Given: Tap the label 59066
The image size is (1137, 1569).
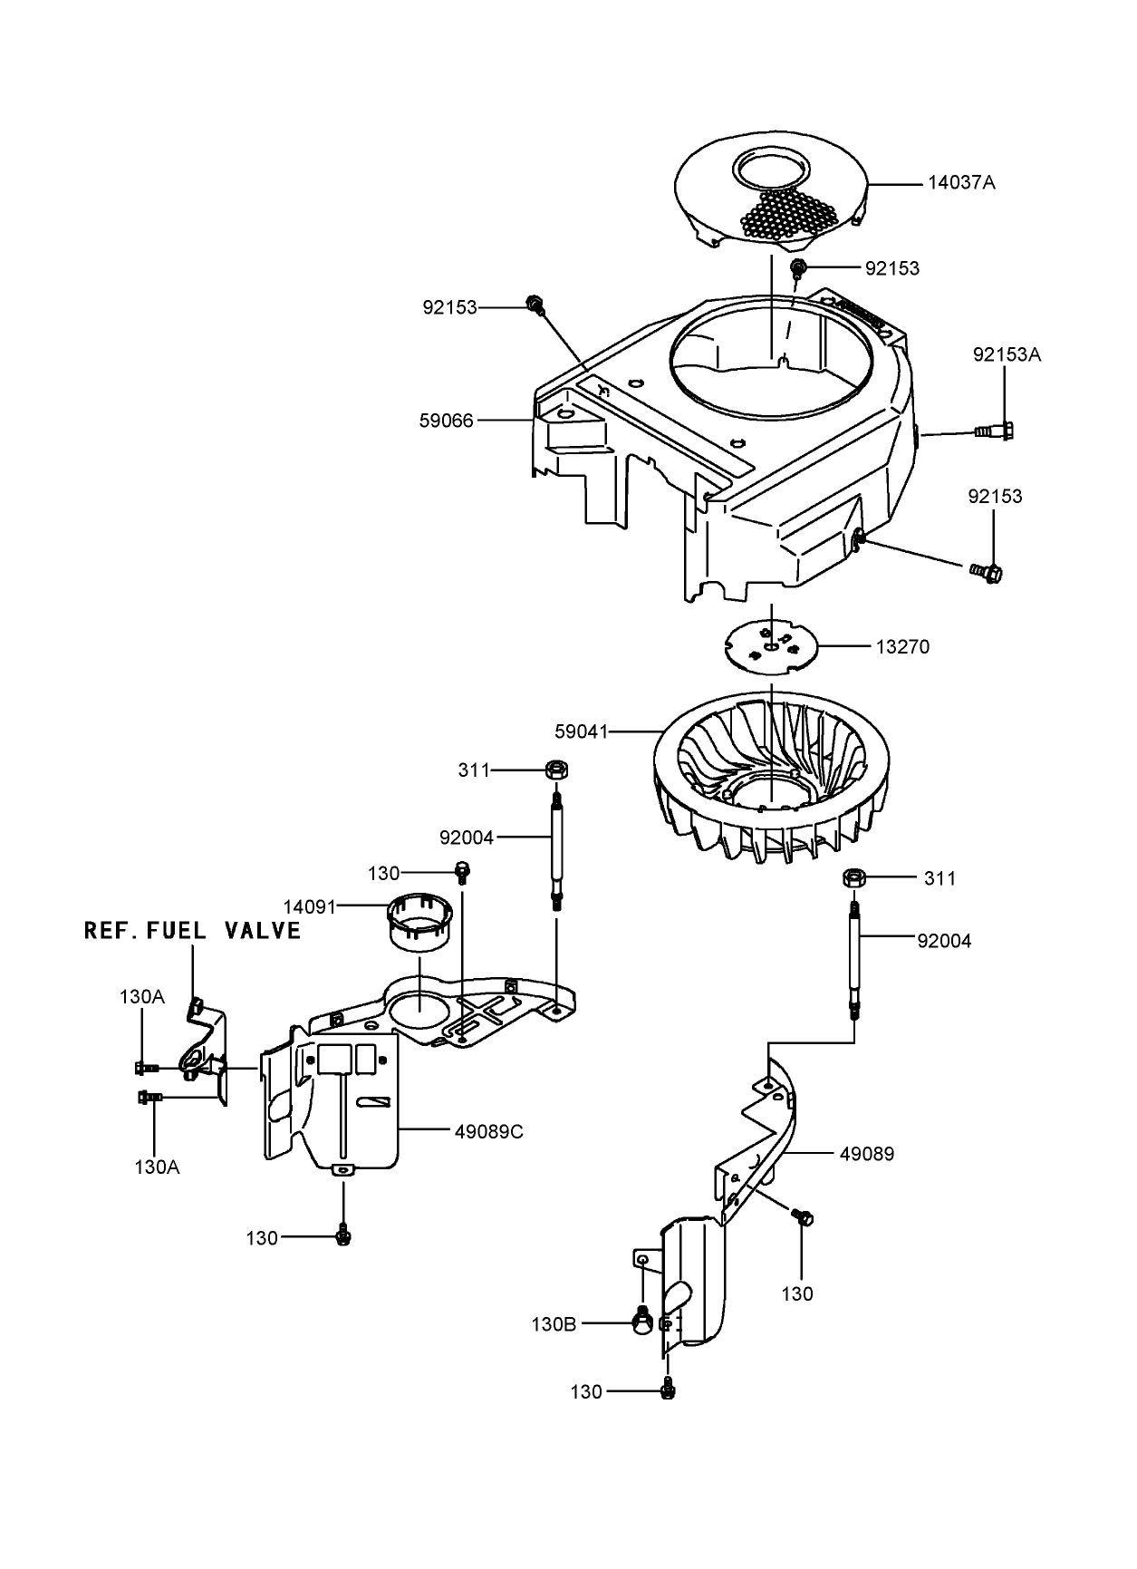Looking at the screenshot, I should pos(446,421).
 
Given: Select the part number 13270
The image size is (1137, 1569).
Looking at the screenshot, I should pos(902,647).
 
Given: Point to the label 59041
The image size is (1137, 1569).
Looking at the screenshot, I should pos(581,731).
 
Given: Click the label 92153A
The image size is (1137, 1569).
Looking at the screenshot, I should pos(1007,354).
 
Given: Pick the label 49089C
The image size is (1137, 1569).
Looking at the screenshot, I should pos(490,1131).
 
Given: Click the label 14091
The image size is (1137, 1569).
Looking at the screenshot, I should pos(310,906).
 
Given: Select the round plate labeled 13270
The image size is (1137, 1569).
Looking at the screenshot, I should pos(771,646).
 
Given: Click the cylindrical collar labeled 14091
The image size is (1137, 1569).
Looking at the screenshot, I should pos(420,922).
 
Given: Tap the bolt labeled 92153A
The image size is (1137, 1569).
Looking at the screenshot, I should pos(994,431).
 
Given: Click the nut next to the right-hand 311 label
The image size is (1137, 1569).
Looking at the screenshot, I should pos(853,877).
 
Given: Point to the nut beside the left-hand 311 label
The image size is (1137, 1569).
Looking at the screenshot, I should pos(555,770).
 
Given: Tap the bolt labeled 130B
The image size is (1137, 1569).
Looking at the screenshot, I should pos(641,1322).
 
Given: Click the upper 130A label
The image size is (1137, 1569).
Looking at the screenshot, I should pos(141,997).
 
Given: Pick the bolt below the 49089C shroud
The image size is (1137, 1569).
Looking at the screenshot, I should pos(343,1235).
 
